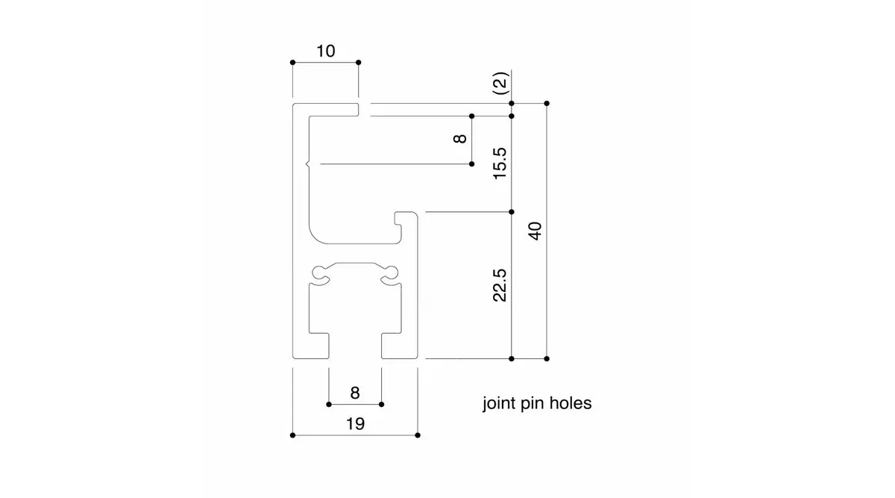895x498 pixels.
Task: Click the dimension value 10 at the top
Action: point(326,51)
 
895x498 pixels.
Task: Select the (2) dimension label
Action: point(500,83)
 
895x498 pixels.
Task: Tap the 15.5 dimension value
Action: point(500,164)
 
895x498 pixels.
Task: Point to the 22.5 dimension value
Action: point(500,284)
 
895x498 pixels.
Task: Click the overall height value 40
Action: point(535,231)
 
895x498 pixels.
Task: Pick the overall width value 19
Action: point(355,423)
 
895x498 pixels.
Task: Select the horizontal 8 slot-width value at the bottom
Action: point(355,393)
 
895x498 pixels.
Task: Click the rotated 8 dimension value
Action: point(460,138)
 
